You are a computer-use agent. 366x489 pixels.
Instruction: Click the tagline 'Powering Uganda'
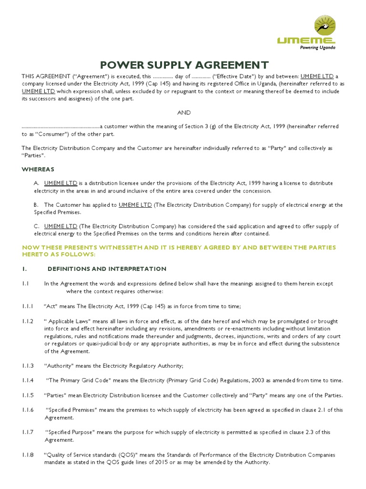point(317,48)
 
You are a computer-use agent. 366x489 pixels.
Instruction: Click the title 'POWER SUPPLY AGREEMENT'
point(184,64)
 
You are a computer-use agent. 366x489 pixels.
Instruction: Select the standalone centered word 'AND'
point(184,113)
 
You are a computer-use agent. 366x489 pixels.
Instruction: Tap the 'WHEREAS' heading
point(38,169)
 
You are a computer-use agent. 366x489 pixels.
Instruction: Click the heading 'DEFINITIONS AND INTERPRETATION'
point(107,269)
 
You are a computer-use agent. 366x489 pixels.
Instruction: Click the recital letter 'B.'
point(36,205)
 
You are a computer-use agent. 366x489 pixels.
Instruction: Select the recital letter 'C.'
point(36,226)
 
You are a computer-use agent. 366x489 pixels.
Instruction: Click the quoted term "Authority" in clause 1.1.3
point(59,366)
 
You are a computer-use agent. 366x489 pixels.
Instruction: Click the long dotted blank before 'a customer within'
point(61,127)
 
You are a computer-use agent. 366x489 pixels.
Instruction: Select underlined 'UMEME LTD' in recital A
point(61,183)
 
